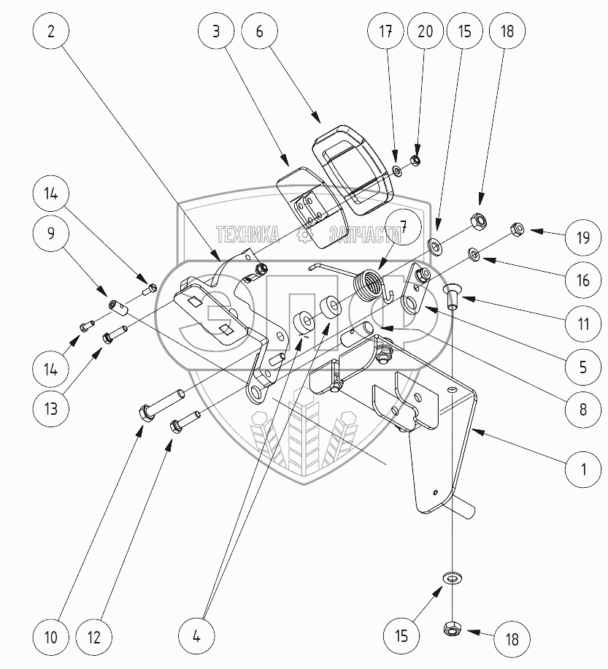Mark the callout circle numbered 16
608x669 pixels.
point(582,281)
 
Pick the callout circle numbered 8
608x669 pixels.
point(582,410)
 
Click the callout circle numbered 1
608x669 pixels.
point(582,469)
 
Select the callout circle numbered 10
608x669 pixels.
point(50,637)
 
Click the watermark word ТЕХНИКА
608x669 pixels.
point(248,234)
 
